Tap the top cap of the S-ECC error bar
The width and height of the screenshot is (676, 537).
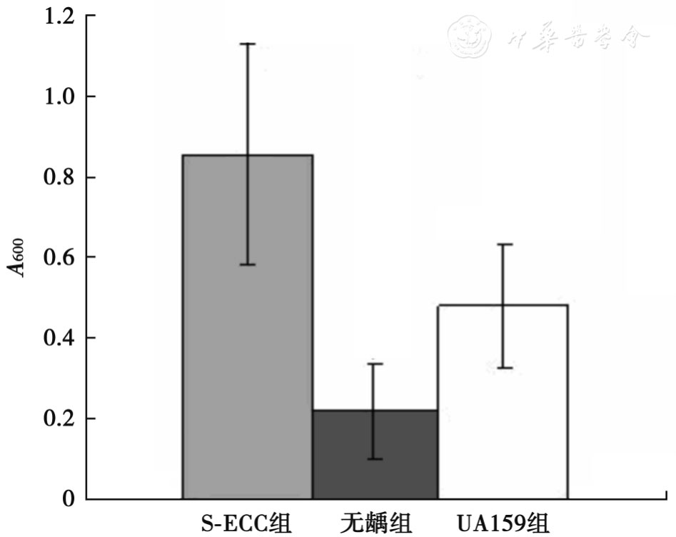[x=248, y=44]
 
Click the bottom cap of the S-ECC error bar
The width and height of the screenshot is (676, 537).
[x=248, y=264]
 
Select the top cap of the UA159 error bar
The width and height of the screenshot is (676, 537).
[x=504, y=244]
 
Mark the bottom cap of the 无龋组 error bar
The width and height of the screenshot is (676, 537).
[x=375, y=458]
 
